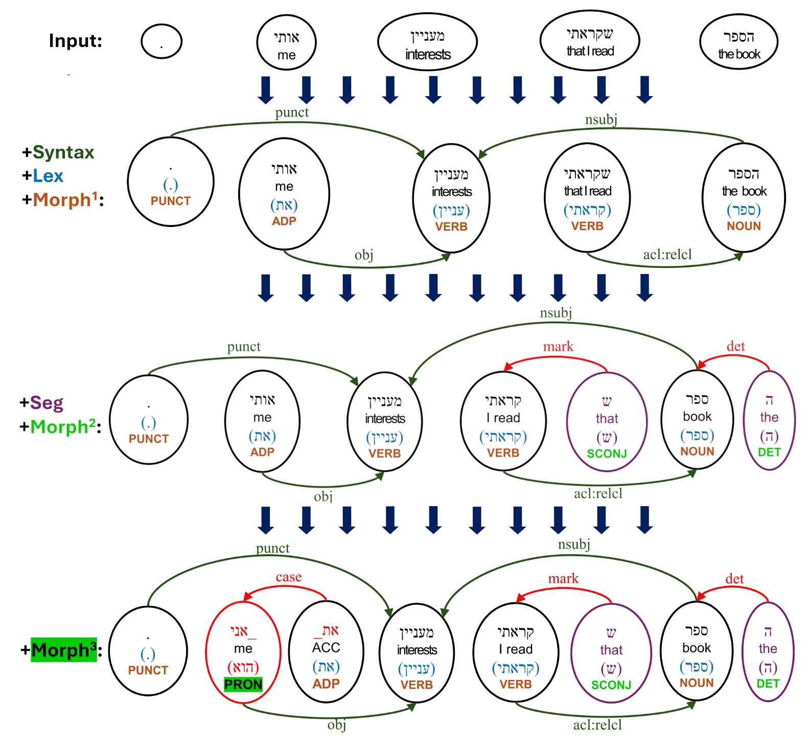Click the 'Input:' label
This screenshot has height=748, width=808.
coord(76,40)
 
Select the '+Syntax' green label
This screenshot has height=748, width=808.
coord(58,152)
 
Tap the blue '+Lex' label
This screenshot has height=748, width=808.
coord(43,176)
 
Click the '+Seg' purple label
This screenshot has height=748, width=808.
coord(42,402)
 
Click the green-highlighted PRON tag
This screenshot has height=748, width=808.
coord(243,684)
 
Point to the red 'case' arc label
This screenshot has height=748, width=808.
coord(289,577)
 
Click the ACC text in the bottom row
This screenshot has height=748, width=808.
coord(326,648)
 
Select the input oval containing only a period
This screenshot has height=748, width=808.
coord(161,41)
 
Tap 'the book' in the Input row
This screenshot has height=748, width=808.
coord(739,54)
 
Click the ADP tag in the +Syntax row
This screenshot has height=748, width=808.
coord(284,221)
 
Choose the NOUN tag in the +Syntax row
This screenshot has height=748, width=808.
coord(744,226)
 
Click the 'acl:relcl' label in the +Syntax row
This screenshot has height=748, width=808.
coord(667,255)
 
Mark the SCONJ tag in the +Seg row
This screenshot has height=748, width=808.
coord(607,454)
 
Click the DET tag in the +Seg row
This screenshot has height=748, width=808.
coord(769,452)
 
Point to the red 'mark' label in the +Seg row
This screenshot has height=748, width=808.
coord(558,347)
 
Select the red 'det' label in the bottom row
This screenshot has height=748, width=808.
coord(734,579)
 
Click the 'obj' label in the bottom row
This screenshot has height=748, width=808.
coord(336,724)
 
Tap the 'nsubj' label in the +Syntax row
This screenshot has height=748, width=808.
coord(601,120)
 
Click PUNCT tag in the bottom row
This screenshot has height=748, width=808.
coord(148,670)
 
